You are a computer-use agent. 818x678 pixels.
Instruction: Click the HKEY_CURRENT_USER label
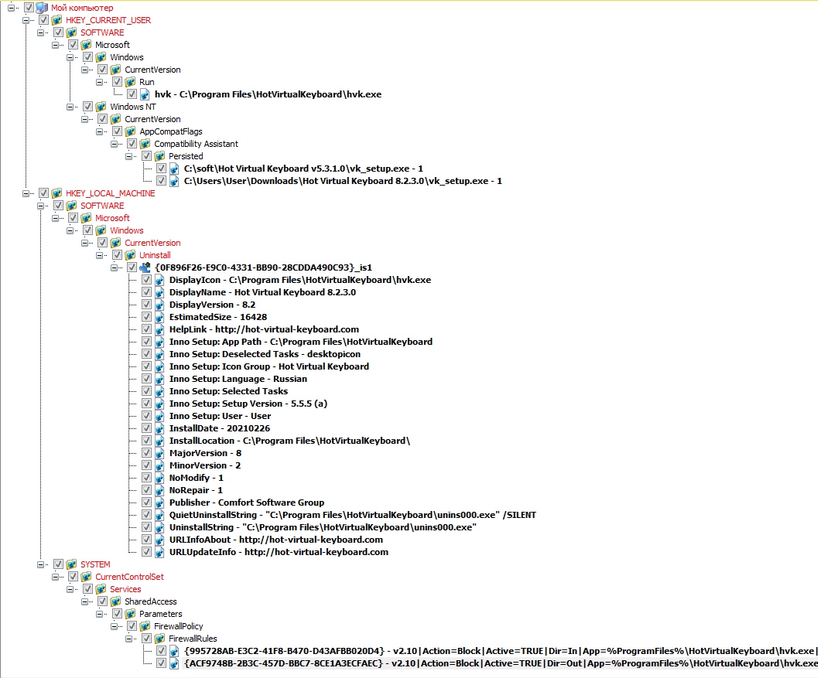click(108, 20)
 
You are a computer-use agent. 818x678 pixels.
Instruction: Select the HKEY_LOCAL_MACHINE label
click(111, 193)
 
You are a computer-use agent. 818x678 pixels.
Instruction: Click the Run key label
click(147, 82)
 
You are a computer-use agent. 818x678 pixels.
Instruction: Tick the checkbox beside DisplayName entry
click(146, 292)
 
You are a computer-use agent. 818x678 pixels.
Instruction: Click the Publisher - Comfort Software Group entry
click(247, 503)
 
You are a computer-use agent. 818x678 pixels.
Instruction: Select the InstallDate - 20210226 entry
click(220, 428)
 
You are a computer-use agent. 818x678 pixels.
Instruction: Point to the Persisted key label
click(186, 156)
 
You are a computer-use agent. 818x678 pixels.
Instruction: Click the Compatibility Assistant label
click(196, 144)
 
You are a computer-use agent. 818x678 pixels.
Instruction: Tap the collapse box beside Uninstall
click(100, 255)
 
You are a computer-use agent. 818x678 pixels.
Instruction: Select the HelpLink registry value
click(264, 329)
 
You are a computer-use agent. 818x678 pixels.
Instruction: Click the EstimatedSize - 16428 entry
click(218, 317)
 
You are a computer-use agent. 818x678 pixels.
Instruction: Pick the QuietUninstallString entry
click(353, 515)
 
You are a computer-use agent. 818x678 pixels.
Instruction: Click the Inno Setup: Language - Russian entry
click(238, 379)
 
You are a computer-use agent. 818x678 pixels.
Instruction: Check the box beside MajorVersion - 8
click(146, 453)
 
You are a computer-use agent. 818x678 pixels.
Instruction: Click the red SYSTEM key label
click(95, 564)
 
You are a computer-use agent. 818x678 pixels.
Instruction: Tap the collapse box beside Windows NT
click(70, 107)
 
